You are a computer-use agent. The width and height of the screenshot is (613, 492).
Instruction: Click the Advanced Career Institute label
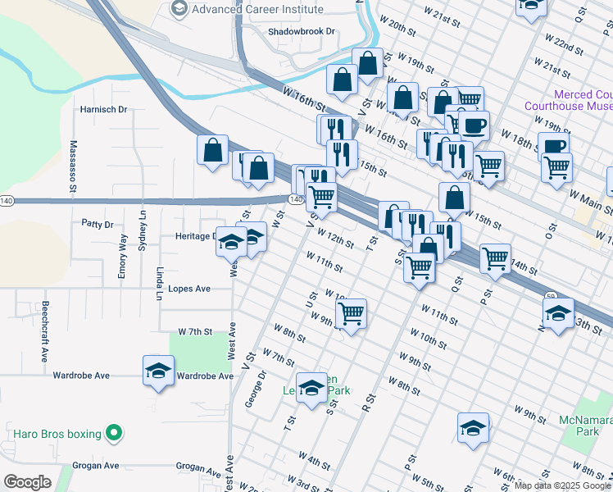tap(257, 9)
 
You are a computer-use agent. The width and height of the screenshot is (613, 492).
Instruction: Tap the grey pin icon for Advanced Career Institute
tap(179, 9)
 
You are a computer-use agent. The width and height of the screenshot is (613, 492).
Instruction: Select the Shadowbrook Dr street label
tap(302, 32)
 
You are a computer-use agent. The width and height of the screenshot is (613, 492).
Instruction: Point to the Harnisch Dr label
tap(103, 109)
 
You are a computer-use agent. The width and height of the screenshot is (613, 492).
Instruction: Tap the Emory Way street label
tap(122, 257)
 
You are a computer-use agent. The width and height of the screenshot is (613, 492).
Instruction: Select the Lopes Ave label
tap(189, 289)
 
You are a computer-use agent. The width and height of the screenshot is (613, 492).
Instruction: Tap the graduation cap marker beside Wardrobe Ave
tap(159, 371)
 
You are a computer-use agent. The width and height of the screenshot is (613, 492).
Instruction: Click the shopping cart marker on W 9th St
tap(352, 312)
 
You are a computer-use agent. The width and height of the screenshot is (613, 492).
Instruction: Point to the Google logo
tap(27, 482)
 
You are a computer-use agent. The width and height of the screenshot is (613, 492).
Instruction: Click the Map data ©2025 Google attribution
tap(562, 485)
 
